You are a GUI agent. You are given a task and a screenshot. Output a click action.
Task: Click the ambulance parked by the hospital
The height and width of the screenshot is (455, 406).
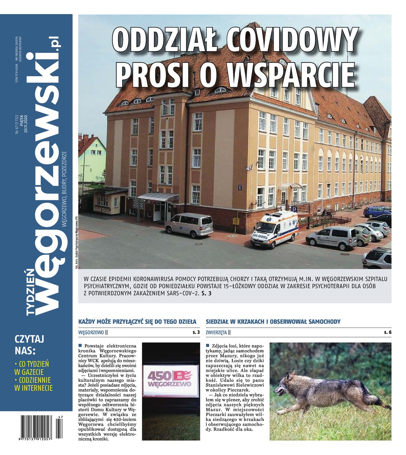pyautogui.click(x=274, y=229)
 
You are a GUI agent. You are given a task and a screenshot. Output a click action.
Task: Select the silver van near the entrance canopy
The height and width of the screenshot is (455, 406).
pyautogui.click(x=189, y=224)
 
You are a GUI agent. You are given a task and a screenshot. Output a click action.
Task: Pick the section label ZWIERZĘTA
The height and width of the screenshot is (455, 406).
pyautogui.click(x=217, y=333)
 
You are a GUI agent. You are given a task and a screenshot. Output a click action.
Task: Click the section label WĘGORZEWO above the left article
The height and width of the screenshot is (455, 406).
pyautogui.click(x=91, y=333)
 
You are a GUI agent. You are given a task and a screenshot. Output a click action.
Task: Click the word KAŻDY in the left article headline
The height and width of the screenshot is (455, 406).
pyautogui.click(x=88, y=322)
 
